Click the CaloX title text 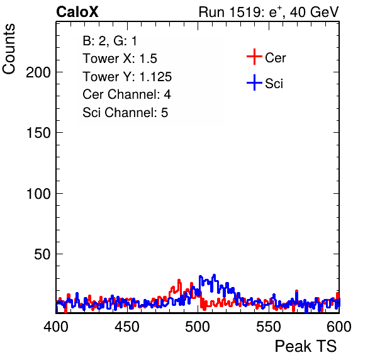click(77, 12)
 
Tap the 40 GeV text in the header click(314, 12)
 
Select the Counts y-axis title click(9, 49)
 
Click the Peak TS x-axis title click(306, 346)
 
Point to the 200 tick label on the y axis click(38, 72)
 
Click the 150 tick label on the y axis click(38, 133)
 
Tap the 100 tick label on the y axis click(38, 193)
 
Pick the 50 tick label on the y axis click(42, 254)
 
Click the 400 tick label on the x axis click(56, 326)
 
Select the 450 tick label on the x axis click(126, 326)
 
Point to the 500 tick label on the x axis click(198, 326)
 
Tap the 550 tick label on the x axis click(268, 326)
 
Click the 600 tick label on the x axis click(339, 326)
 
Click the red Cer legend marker click(254, 57)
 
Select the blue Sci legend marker click(254, 82)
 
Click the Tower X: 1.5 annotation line click(120, 59)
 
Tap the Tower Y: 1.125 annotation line click(127, 77)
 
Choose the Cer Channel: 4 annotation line click(126, 94)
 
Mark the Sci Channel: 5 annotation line click(125, 113)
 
